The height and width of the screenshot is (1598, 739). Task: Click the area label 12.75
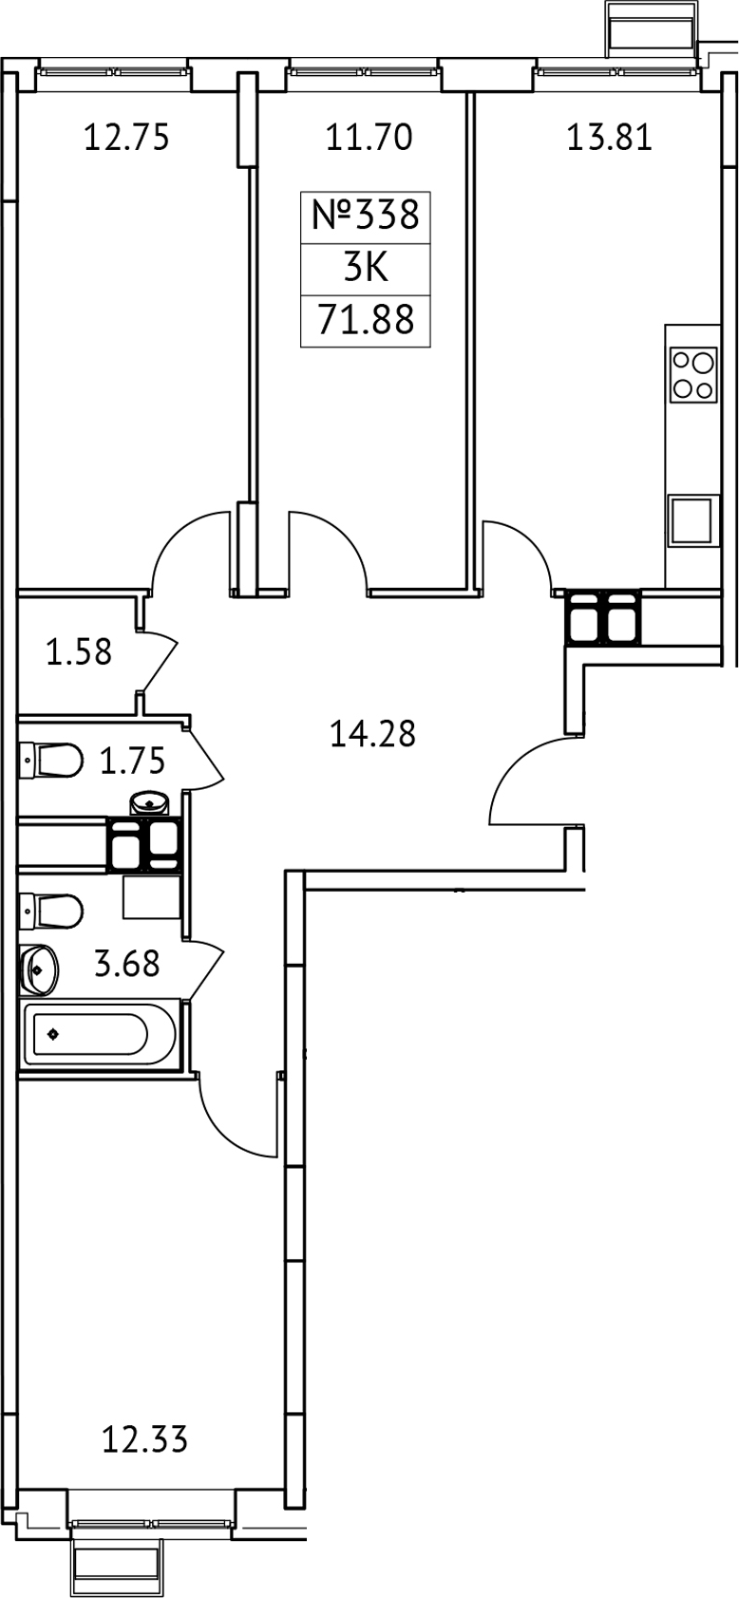click(126, 138)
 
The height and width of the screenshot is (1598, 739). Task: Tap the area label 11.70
click(369, 138)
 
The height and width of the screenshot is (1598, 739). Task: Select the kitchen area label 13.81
click(609, 138)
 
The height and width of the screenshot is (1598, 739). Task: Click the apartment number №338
click(366, 215)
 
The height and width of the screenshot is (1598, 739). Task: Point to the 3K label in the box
click(366, 269)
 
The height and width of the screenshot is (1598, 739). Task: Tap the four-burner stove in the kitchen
click(692, 374)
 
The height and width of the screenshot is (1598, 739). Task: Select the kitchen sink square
click(692, 520)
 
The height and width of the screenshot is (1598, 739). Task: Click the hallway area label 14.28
click(372, 734)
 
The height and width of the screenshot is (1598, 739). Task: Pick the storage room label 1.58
click(79, 652)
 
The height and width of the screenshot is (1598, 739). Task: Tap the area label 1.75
click(133, 761)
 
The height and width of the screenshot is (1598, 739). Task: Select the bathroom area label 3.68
click(127, 965)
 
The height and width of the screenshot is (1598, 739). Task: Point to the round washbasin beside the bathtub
click(39, 969)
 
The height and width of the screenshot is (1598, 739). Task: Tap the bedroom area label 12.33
click(144, 1440)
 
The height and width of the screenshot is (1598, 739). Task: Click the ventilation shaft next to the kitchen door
click(603, 618)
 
